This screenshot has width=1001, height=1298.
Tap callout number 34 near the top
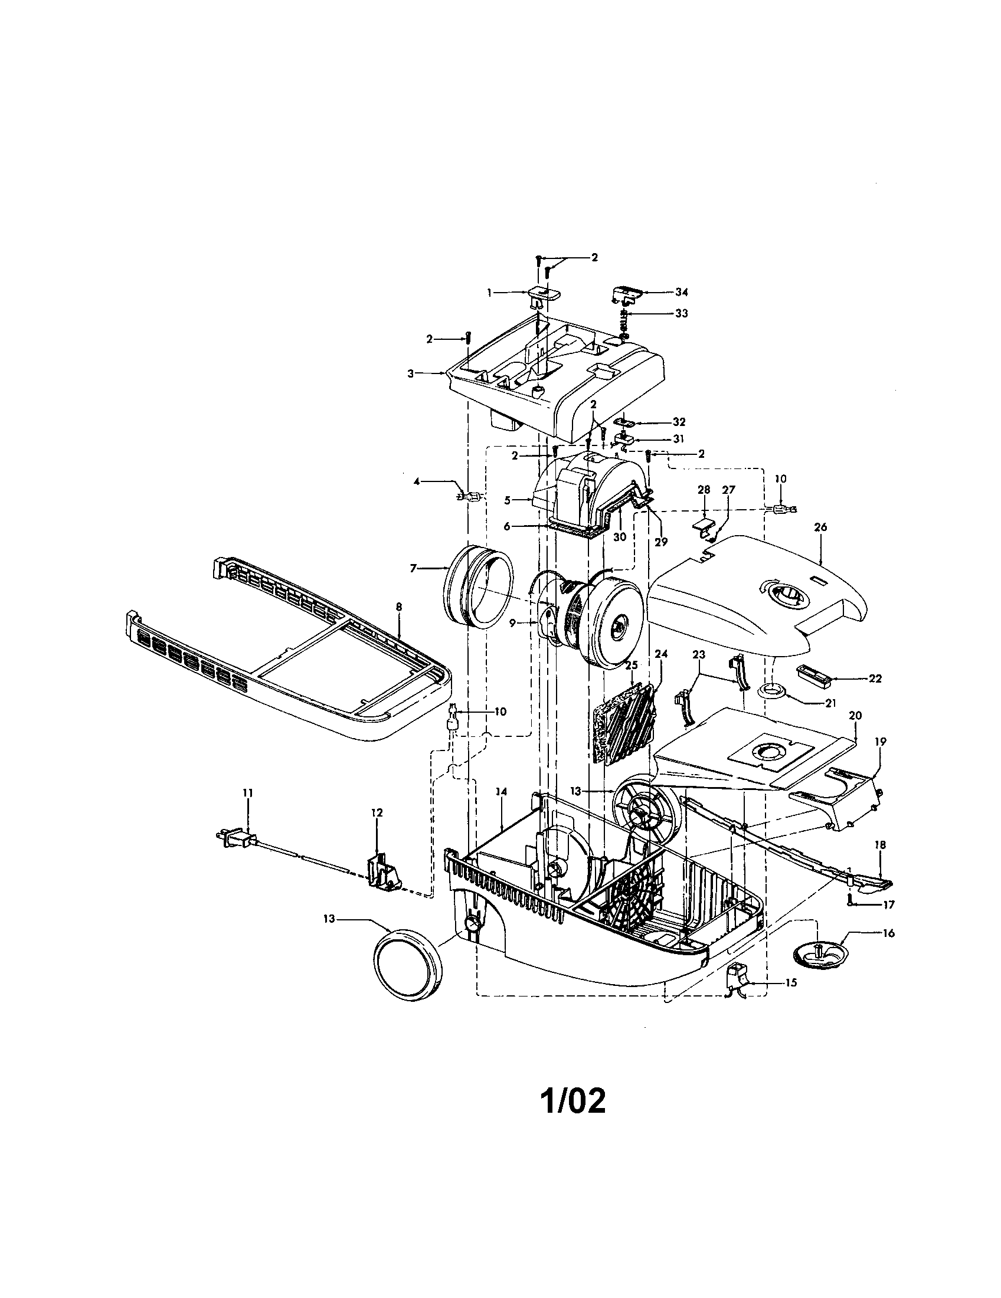coord(681,292)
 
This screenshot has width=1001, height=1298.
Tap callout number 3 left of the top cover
coord(410,373)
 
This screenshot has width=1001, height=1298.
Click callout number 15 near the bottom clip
coord(790,983)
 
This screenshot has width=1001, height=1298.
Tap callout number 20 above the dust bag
coord(855,716)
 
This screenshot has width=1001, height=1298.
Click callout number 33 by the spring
coord(681,313)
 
